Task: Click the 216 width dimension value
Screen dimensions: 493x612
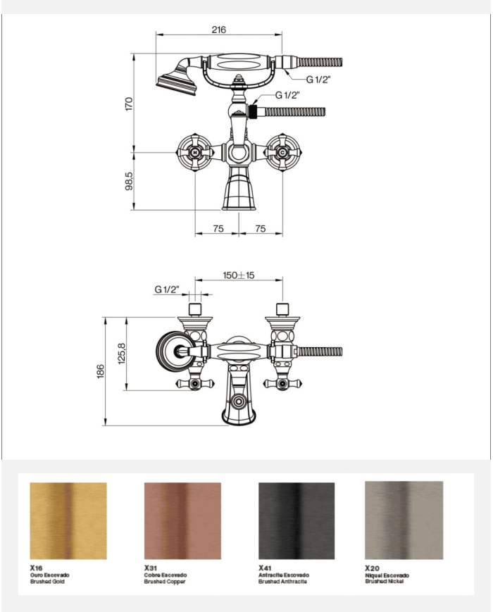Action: pyautogui.click(x=218, y=30)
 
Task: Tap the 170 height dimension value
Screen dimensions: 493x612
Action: pyautogui.click(x=129, y=104)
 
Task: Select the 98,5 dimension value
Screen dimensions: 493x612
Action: pyautogui.click(x=129, y=182)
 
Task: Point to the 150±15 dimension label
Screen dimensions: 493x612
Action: pyautogui.click(x=239, y=275)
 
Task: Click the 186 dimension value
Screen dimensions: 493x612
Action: pyautogui.click(x=100, y=371)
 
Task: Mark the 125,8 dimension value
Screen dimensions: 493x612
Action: pyautogui.click(x=122, y=354)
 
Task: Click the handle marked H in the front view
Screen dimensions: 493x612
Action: pyautogui.click(x=195, y=152)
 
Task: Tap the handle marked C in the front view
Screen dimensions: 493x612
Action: pyautogui.click(x=282, y=152)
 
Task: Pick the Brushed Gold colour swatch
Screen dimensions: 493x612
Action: pyautogui.click(x=68, y=520)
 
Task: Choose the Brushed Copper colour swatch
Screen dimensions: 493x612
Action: pyautogui.click(x=182, y=520)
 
